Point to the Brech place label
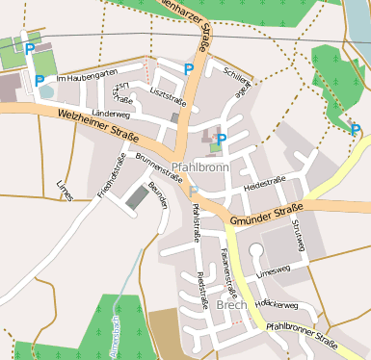tap(232, 305)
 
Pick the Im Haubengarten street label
tap(87, 77)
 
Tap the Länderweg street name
tap(110, 113)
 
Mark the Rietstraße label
tap(202, 290)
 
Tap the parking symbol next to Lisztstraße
tap(188, 68)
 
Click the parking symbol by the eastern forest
tap(356, 130)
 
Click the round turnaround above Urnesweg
tap(256, 251)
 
